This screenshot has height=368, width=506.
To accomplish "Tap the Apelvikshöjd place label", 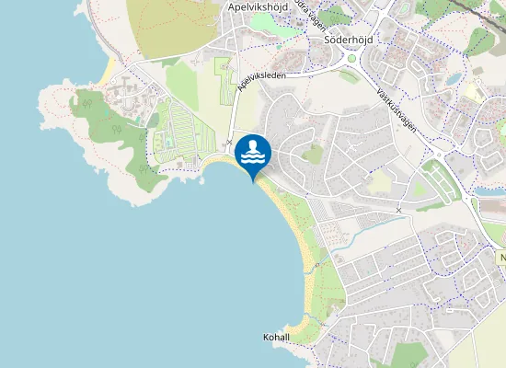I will [258, 7].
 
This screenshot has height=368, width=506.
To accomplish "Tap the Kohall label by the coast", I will [276, 338].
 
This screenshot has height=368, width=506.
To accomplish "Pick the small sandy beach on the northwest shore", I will [109, 69].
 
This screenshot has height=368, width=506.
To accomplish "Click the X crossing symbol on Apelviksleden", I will [230, 142].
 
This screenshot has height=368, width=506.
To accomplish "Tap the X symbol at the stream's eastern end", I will [398, 211].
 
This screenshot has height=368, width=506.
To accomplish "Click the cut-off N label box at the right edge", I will [501, 259].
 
